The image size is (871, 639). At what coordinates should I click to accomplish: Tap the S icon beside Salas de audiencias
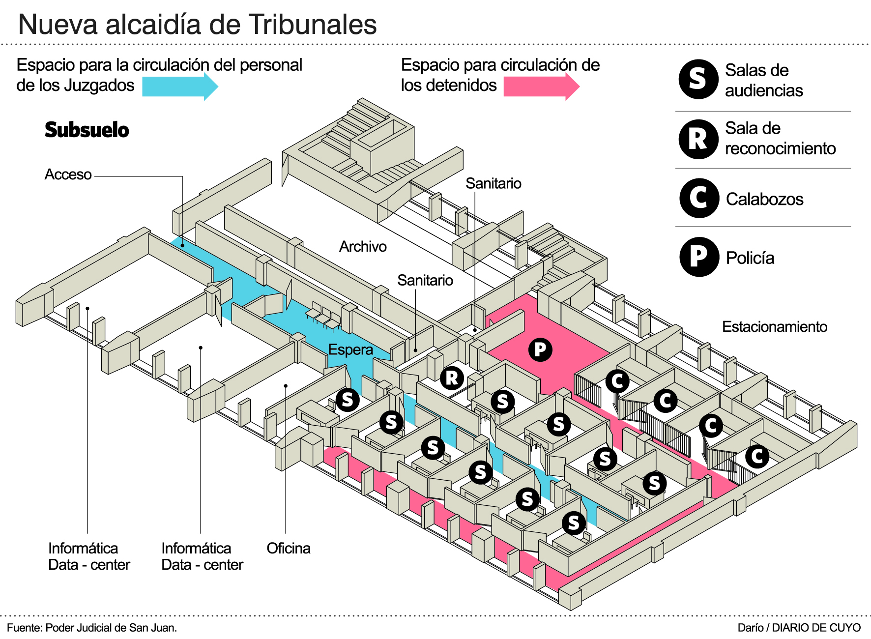click(x=698, y=79)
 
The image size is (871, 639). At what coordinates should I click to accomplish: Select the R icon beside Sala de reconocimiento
click(x=698, y=139)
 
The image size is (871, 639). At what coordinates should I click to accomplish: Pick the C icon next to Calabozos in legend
click(x=699, y=198)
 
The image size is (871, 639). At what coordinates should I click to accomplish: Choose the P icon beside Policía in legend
click(x=699, y=257)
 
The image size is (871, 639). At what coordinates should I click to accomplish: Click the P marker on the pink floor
click(x=540, y=349)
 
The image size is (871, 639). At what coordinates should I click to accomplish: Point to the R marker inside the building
click(x=452, y=378)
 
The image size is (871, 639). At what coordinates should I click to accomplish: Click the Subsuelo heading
click(x=87, y=130)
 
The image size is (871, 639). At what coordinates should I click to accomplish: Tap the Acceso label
click(x=68, y=174)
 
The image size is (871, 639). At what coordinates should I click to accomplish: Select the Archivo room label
click(x=363, y=246)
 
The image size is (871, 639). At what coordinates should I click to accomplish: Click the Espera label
click(x=350, y=349)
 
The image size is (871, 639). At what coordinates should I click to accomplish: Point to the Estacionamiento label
click(x=774, y=326)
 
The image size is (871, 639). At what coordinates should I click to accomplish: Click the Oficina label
click(x=289, y=548)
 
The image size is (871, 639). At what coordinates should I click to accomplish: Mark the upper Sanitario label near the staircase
click(x=493, y=183)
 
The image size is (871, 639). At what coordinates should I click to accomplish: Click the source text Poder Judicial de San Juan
click(x=111, y=628)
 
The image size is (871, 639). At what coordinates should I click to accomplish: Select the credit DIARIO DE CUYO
click(x=816, y=628)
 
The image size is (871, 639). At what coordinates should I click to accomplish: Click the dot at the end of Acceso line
click(x=182, y=245)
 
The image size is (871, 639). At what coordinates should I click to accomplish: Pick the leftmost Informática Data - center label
click(x=89, y=556)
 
